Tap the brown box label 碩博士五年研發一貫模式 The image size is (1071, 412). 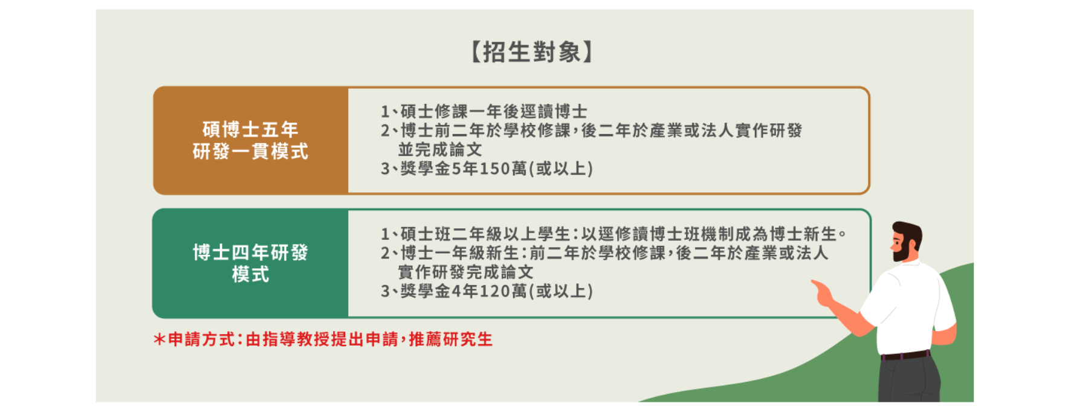click(250, 140)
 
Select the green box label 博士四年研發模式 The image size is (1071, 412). click(250, 263)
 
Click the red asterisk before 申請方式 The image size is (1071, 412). click(160, 340)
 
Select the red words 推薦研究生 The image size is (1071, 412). click(451, 340)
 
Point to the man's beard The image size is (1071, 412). click(902, 250)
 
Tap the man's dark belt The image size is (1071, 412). click(905, 355)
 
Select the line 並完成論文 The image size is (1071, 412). click(440, 149)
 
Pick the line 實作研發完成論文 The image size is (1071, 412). click(465, 272)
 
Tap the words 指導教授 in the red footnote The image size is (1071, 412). click(296, 340)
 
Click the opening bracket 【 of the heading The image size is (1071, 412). click(476, 52)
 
